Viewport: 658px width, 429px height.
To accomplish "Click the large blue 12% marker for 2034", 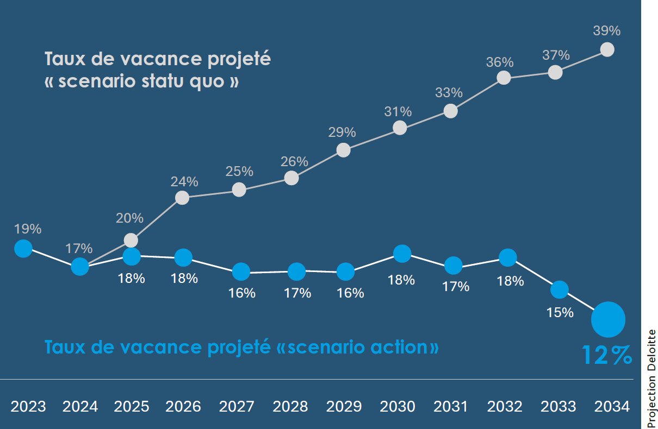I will tap(609, 320).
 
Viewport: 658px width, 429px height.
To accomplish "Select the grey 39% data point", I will tap(607, 49).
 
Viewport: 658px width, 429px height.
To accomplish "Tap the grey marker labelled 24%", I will tap(183, 198).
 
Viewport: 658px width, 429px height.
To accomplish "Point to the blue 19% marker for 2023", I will tap(23, 249).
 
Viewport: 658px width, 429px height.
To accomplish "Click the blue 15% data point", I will tap(559, 289).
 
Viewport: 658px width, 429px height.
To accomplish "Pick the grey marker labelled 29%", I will tap(343, 150).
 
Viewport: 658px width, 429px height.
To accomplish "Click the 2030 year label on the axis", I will tap(397, 406).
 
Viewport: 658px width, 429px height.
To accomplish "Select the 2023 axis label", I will tap(28, 406).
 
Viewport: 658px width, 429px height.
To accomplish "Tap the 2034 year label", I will tap(612, 406).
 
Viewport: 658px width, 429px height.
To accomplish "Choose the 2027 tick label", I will tap(237, 406).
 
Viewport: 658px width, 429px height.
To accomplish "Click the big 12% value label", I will tap(607, 355).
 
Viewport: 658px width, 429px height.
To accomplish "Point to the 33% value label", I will tap(449, 92).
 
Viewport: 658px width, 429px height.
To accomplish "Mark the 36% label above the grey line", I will tap(500, 62).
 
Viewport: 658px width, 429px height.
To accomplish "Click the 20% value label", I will tap(129, 218).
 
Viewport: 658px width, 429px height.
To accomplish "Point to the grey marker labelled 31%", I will tap(400, 128).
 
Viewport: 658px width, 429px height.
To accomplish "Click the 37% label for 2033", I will tap(556, 55).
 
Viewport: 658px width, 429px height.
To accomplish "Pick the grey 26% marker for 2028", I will tap(291, 178).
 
